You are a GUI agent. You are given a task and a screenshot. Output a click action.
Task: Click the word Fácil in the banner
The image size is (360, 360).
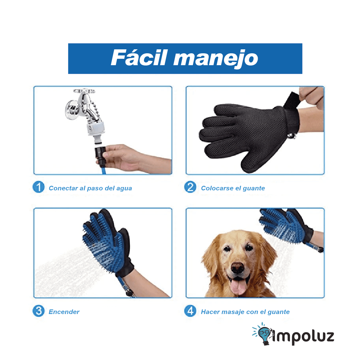pyautogui.click(x=139, y=58)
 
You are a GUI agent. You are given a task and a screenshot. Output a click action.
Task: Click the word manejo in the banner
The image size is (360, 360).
pyautogui.click(x=216, y=59)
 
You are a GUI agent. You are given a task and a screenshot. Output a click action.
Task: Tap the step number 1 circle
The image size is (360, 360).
pyautogui.click(x=39, y=187)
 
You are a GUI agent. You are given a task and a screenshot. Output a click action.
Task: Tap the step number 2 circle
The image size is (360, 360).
pyautogui.click(x=190, y=187)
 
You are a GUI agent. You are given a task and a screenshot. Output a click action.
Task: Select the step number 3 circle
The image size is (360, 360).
pyautogui.click(x=39, y=311)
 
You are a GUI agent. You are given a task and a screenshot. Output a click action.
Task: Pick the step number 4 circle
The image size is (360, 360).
pyautogui.click(x=190, y=311)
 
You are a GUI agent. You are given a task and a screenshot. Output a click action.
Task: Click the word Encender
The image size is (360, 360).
pyautogui.click(x=64, y=312)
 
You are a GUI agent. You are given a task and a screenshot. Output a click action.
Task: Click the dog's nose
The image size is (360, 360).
pyautogui.click(x=238, y=267)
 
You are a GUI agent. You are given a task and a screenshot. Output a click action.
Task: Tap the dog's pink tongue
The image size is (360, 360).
pyautogui.click(x=238, y=286)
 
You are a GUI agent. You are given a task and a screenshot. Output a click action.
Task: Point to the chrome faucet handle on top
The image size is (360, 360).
pyautogui.click(x=84, y=91)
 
